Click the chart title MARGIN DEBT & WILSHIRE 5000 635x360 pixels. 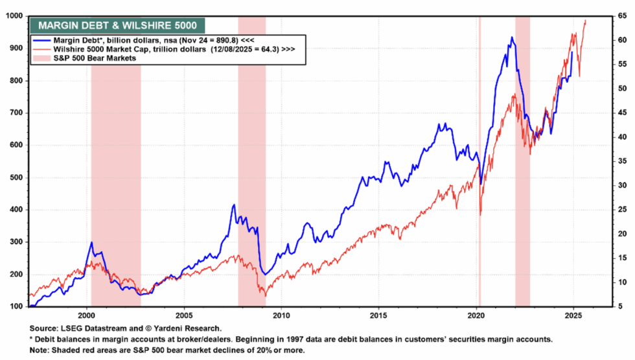[117, 26]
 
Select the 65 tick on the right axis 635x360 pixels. [620, 16]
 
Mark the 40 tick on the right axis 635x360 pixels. [620, 137]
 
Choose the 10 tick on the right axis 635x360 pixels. [620, 282]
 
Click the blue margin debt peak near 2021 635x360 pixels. [512, 38]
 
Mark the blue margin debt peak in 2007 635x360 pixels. [233, 205]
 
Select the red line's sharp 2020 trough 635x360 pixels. [480, 214]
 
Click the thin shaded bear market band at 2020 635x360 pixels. [479, 162]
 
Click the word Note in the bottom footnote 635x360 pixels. [40, 350]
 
